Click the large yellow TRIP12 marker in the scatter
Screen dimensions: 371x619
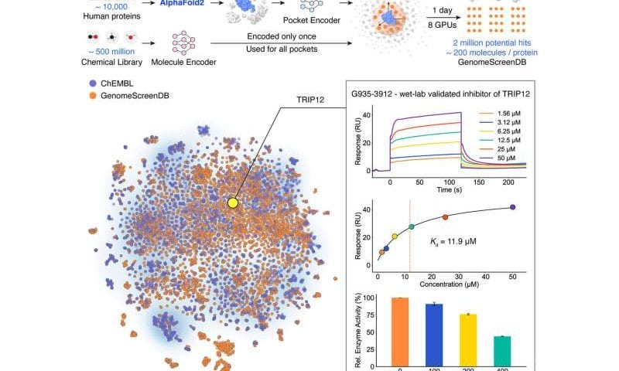[x=232, y=203]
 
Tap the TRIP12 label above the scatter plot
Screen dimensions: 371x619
[x=299, y=111]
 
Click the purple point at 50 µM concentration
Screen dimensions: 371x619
[x=512, y=207]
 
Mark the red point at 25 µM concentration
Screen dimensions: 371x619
[x=445, y=217]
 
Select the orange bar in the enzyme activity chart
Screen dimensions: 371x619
[x=399, y=331]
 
